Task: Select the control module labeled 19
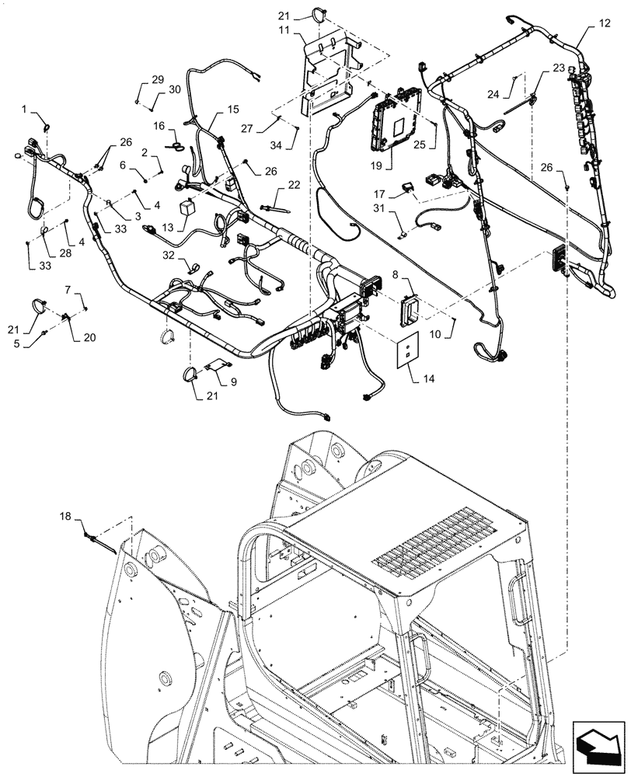point(399,120)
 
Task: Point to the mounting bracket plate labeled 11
point(326,74)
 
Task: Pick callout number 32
point(168,254)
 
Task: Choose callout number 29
point(158,80)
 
